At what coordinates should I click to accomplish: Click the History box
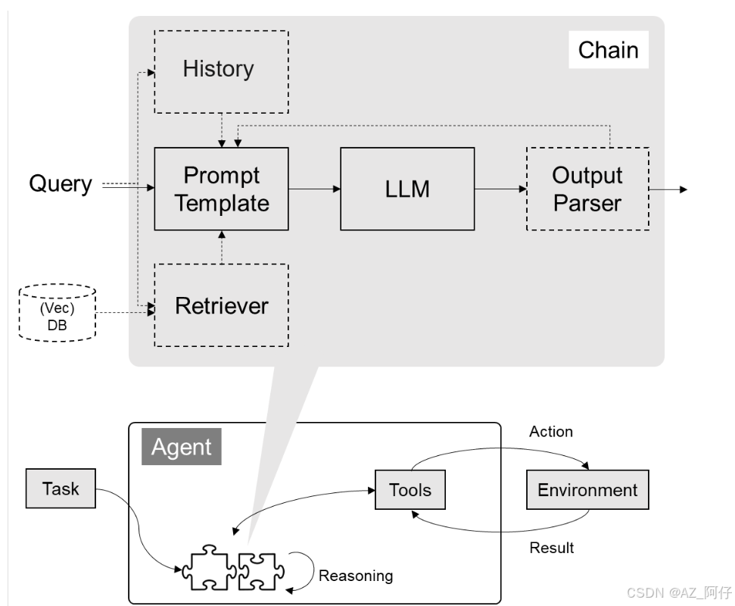coord(221,72)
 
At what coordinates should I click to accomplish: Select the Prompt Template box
coord(221,189)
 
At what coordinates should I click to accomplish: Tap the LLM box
coord(407,189)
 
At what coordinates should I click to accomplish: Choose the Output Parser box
coord(588,189)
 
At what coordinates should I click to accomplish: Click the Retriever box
coord(221,305)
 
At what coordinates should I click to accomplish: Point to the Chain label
coord(609,50)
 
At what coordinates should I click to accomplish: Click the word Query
coord(61,184)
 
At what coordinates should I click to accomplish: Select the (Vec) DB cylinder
coord(58,313)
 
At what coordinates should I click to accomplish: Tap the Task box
coord(61,489)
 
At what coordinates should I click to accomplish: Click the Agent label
coord(182,446)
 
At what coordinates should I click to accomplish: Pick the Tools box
coord(410,489)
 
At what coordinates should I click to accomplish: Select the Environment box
coord(588,489)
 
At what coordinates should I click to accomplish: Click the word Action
coord(551,432)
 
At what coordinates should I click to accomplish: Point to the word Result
coord(551,548)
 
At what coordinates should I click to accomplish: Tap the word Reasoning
coord(356,576)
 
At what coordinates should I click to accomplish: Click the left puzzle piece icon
coord(209,567)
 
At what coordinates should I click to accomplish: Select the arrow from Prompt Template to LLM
coord(315,189)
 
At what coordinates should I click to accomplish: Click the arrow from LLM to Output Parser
coord(500,189)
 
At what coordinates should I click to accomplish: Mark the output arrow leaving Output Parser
coord(668,189)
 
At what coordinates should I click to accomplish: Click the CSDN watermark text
coord(679,593)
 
